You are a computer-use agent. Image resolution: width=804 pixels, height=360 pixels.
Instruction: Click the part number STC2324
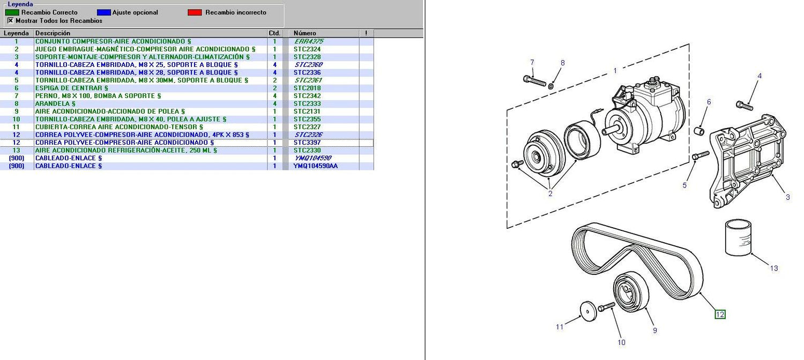click(x=307, y=49)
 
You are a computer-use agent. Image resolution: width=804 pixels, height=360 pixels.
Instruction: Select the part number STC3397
click(x=307, y=142)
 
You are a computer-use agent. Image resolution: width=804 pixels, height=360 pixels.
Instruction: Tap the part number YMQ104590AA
click(x=316, y=166)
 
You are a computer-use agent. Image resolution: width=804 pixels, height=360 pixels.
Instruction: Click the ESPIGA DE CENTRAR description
click(x=71, y=88)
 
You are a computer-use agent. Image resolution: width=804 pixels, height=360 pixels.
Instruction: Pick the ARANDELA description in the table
click(x=55, y=103)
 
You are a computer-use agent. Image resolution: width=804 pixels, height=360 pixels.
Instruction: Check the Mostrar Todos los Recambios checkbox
click(x=10, y=21)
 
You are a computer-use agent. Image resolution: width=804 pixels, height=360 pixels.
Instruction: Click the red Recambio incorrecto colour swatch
click(x=195, y=12)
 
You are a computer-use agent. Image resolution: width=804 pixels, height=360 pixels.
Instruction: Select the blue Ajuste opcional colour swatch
click(x=104, y=12)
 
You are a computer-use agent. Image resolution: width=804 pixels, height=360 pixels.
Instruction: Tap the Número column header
click(x=305, y=33)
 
